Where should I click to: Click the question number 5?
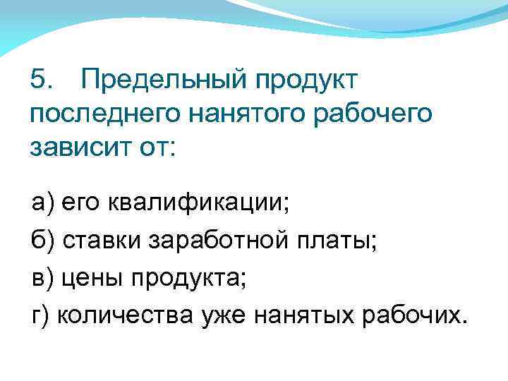[x=42, y=79]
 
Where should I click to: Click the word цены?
[x=94, y=279]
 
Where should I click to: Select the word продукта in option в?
[x=184, y=279]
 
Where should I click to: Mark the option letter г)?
[x=40, y=314]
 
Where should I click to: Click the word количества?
[x=119, y=314]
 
